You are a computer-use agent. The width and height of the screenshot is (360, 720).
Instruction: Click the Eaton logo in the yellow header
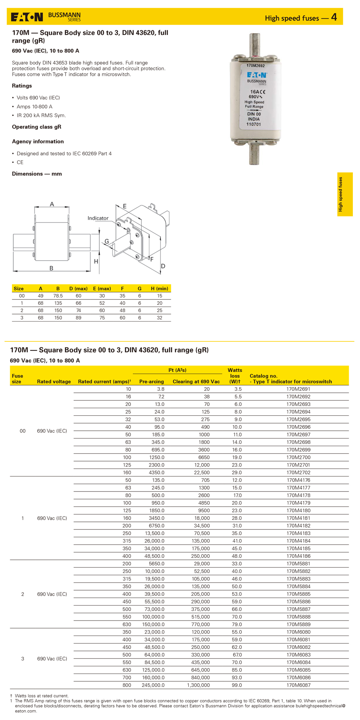click(x=27, y=17)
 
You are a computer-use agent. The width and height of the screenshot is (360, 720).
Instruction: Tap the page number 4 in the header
click(x=334, y=17)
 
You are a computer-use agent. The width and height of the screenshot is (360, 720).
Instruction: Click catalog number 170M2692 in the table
click(x=298, y=397)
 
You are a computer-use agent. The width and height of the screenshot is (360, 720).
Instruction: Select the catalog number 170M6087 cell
click(x=298, y=685)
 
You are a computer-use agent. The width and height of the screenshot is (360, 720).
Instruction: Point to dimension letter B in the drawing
click(x=51, y=268)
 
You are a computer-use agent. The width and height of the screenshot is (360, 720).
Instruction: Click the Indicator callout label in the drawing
click(x=98, y=218)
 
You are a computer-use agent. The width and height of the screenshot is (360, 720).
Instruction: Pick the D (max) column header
click(x=78, y=289)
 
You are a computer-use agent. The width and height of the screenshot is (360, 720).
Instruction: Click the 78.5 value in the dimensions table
click(x=58, y=296)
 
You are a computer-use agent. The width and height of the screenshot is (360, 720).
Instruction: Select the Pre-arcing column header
click(x=151, y=382)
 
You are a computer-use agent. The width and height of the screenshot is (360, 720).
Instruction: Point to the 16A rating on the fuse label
click(x=255, y=92)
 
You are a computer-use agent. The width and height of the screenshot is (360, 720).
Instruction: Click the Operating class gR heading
click(x=36, y=127)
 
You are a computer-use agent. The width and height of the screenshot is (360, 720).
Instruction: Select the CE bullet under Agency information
click(x=20, y=162)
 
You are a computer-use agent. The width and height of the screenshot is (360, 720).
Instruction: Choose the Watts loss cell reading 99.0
click(x=237, y=685)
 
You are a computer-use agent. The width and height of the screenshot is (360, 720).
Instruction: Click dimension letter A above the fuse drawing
click(x=52, y=204)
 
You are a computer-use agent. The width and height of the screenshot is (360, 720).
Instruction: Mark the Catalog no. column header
click(x=264, y=376)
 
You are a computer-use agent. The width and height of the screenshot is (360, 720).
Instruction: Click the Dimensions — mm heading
click(x=37, y=174)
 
